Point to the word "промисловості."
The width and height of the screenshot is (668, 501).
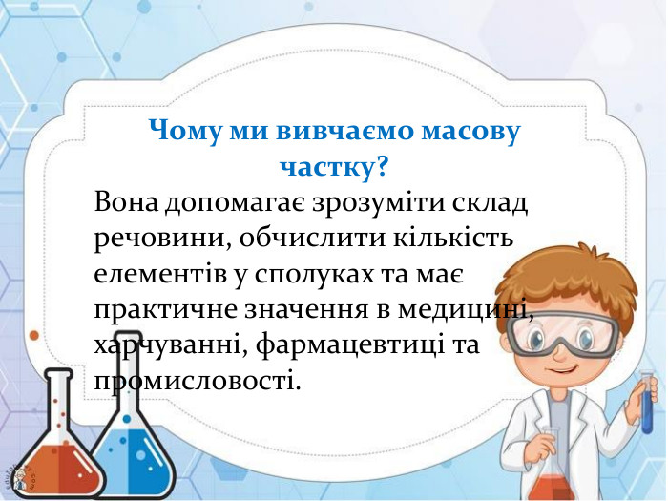[x=190, y=381]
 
